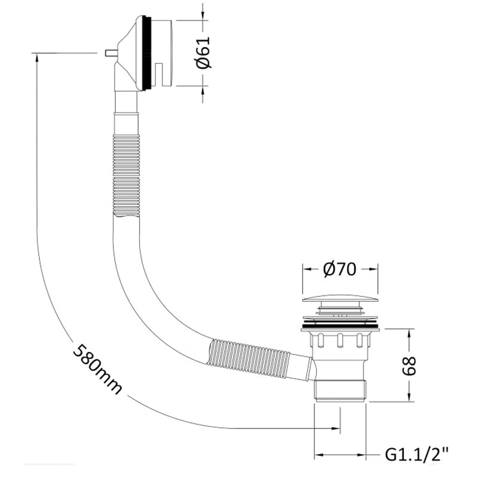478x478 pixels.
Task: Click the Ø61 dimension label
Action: pos(203,53)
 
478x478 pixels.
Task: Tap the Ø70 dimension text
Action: pos(339,269)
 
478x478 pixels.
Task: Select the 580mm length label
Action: pos(97,369)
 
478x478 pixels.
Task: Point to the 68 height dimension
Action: pos(409,366)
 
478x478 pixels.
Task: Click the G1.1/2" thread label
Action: pos(416,455)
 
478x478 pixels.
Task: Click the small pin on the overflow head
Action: pos(110,53)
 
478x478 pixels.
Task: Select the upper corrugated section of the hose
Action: pos(126,176)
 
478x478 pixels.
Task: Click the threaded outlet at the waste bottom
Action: pos(340,391)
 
